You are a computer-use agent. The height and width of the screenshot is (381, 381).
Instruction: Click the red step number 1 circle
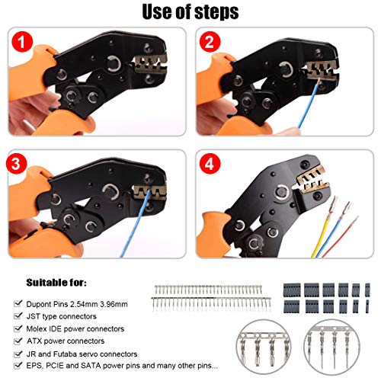[22, 42]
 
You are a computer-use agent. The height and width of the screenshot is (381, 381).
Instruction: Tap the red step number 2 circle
[210, 42]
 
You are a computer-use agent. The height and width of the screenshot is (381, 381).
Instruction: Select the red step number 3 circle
[16, 164]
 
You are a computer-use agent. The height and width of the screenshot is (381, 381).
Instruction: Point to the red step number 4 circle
[210, 164]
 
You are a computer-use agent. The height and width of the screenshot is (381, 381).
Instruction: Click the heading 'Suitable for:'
[56, 283]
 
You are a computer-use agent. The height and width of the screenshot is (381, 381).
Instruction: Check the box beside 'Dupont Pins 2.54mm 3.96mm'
[18, 303]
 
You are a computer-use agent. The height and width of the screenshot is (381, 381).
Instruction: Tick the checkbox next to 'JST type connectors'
[18, 315]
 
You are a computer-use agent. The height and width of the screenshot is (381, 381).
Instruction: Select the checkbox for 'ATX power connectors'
[18, 341]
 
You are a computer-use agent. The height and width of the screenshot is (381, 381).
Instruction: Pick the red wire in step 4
[341, 236]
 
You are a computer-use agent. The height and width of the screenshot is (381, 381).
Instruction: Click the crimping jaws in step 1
[150, 63]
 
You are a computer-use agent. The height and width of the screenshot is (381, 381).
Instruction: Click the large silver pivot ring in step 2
[287, 69]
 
